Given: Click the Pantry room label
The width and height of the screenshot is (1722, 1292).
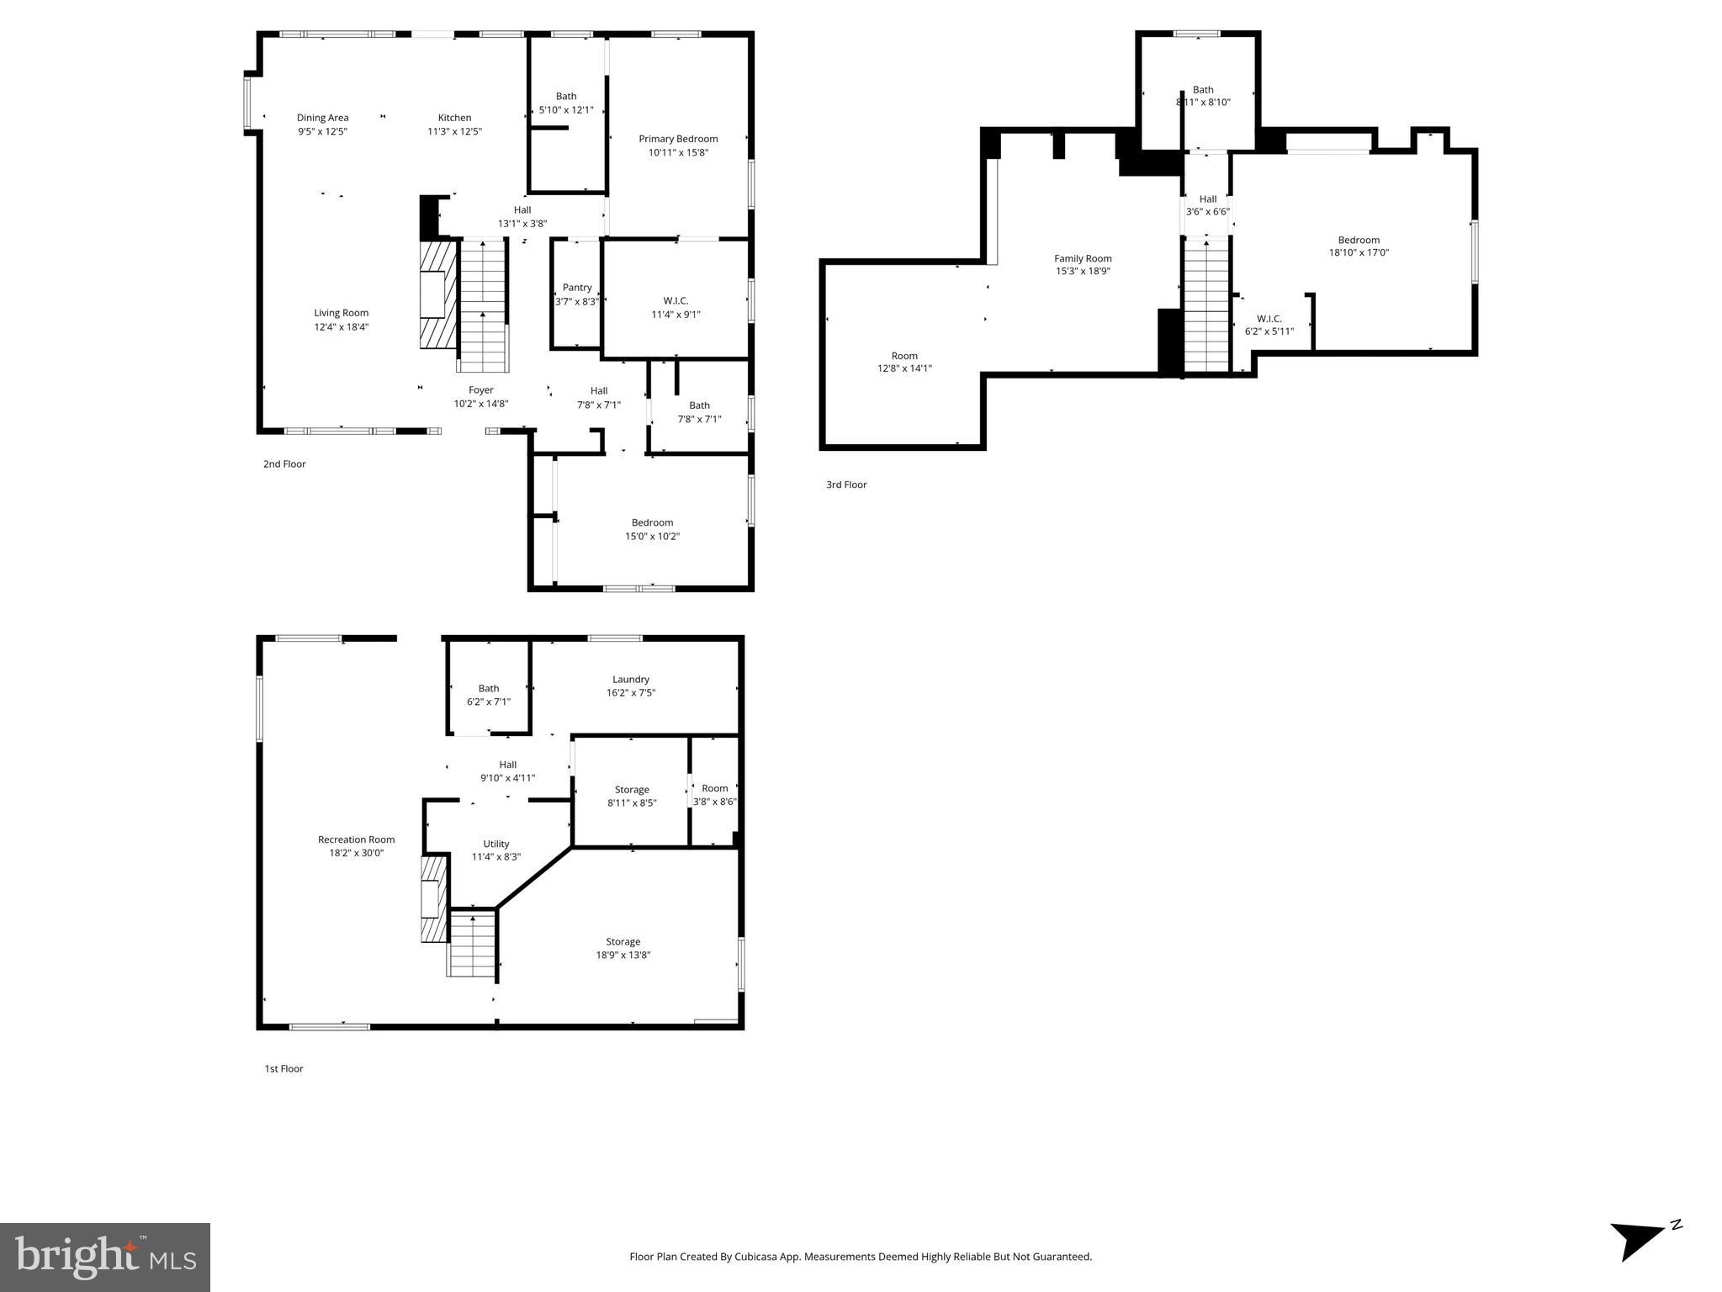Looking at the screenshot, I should (577, 288).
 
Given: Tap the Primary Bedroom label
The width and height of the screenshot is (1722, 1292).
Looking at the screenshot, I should (678, 139).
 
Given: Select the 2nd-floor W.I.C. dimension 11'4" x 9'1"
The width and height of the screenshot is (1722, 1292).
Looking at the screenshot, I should (676, 315).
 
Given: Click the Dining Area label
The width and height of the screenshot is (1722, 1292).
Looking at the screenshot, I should (322, 118).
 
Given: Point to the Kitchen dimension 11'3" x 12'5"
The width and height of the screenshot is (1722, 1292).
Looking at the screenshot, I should (454, 131).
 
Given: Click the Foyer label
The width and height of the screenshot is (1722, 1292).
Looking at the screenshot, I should (481, 389).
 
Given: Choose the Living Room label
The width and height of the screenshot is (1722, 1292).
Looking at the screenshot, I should (342, 313).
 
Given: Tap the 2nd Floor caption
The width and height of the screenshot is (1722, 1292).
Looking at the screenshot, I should (284, 463).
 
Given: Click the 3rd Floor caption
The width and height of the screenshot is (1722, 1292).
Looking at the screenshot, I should (845, 484).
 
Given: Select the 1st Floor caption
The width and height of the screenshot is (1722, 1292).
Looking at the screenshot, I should (283, 1068).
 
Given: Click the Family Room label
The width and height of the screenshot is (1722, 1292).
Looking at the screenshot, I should (1083, 258).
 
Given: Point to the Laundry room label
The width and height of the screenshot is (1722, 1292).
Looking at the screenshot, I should (631, 679).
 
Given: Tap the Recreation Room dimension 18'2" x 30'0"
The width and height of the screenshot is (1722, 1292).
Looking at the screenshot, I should (357, 853).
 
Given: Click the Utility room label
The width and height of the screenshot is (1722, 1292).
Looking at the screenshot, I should (496, 844).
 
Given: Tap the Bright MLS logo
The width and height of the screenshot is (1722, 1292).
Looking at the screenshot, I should (105, 1257).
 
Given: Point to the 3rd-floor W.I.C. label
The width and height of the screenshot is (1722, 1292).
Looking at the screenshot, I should (1269, 319).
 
